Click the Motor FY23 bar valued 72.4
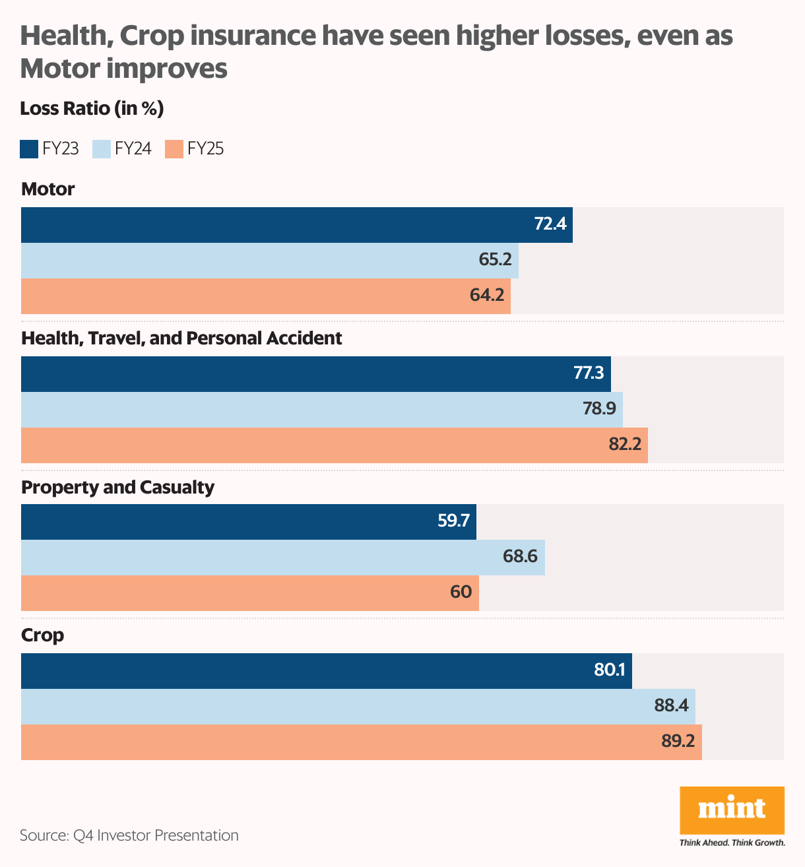click(x=297, y=225)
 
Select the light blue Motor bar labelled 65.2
click(x=270, y=261)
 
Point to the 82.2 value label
click(x=624, y=445)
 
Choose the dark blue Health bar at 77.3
click(x=316, y=374)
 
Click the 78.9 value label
click(x=599, y=409)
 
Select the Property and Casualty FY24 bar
click(x=283, y=558)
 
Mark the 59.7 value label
click(x=453, y=521)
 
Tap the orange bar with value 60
click(x=250, y=593)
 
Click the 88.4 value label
click(x=671, y=706)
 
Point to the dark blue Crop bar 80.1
click(x=327, y=671)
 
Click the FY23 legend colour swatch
click(x=29, y=149)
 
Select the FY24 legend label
click(x=133, y=149)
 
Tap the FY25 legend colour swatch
click(x=174, y=149)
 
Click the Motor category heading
click(x=48, y=189)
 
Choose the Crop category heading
click(x=43, y=635)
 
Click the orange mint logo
click(x=732, y=810)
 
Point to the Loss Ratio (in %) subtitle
click(x=92, y=108)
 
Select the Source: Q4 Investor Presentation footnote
click(x=129, y=835)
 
